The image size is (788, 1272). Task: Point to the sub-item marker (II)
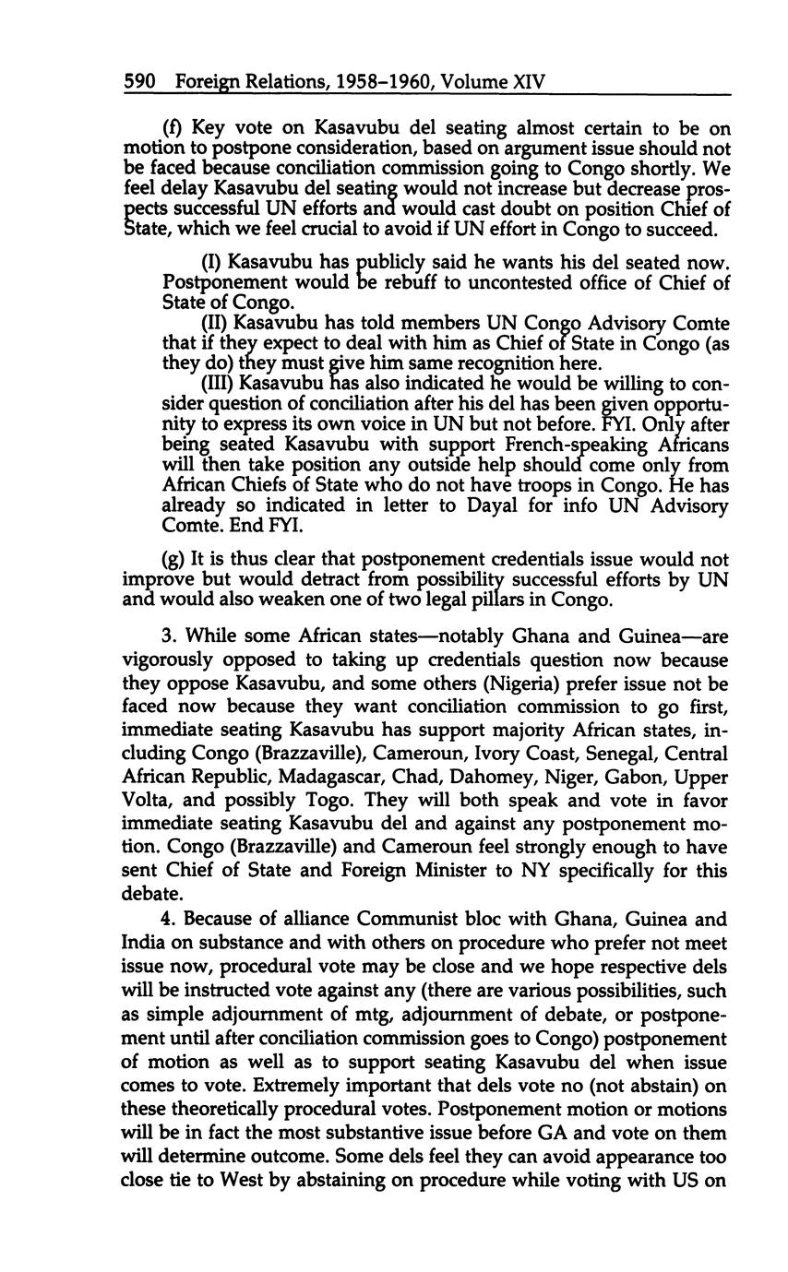tap(215, 323)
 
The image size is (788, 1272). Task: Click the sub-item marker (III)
tap(218, 383)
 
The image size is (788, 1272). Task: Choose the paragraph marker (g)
tap(174, 560)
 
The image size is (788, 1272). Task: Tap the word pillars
tap(495, 600)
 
